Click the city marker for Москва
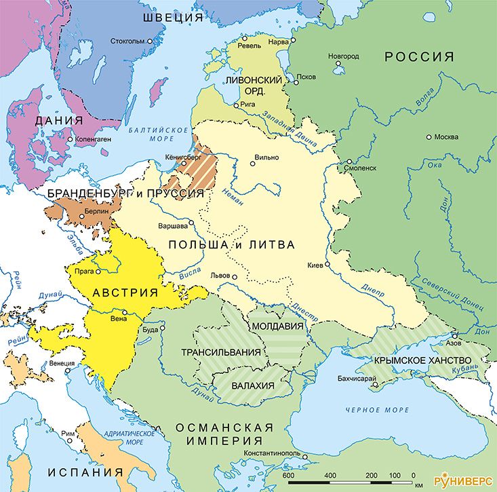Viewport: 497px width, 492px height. tap(428, 136)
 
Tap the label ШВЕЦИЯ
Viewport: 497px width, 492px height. tap(172, 17)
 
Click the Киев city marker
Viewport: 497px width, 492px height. tap(327, 264)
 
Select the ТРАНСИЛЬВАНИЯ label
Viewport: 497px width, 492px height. tap(221, 352)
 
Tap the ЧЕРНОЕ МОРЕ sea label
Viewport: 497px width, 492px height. tap(377, 410)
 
